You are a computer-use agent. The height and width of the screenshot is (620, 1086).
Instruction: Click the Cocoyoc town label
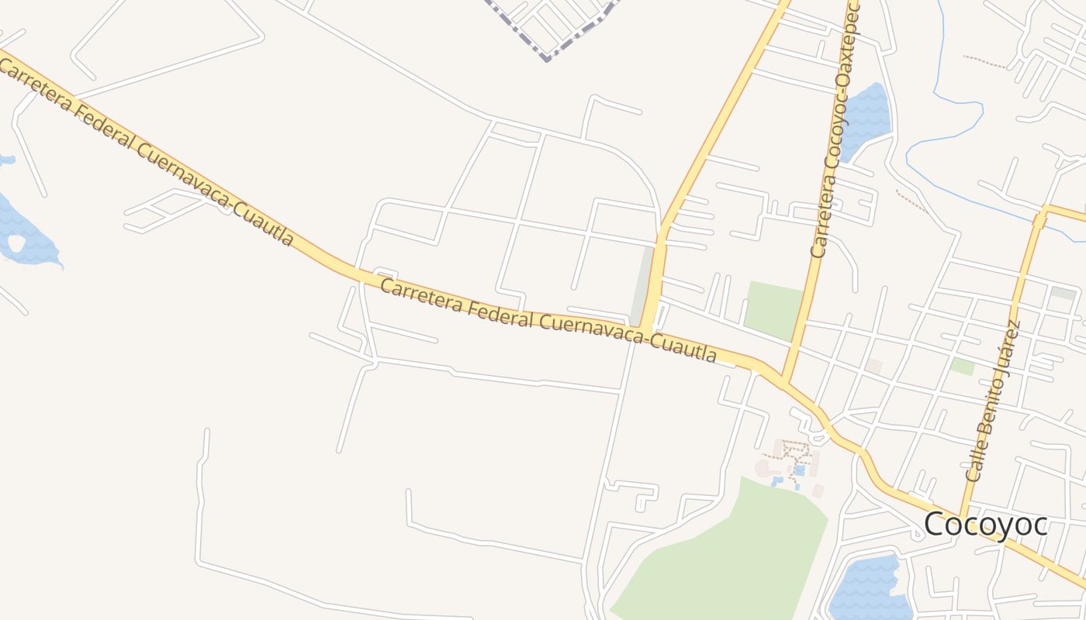click(x=985, y=525)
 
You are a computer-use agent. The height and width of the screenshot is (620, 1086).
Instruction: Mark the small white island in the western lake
click(x=16, y=243)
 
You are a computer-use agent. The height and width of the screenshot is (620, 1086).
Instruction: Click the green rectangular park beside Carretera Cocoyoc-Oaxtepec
click(x=773, y=310)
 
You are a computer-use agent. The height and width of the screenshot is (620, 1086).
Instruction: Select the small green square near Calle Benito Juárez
click(x=963, y=366)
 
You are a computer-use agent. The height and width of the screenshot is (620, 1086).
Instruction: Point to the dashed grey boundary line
click(x=548, y=46)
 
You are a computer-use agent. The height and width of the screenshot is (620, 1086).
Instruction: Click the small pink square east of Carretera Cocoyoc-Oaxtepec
click(x=874, y=365)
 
